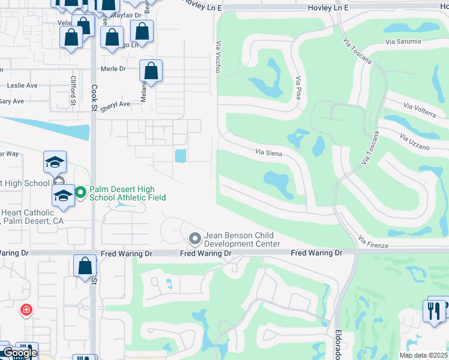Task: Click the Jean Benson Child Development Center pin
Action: click(194, 239)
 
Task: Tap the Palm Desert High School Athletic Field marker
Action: click(81, 193)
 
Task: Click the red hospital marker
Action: click(25, 310)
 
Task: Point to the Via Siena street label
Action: click(268, 152)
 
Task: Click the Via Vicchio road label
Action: click(218, 57)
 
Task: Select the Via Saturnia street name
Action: click(405, 42)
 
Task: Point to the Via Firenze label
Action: click(373, 242)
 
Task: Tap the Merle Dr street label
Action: click(113, 68)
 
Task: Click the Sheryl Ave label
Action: click(115, 104)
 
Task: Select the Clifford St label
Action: click(73, 90)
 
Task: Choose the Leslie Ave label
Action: click(23, 85)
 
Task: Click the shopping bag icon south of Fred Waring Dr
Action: click(85, 265)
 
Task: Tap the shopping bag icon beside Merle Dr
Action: click(151, 71)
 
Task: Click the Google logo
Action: click(19, 353)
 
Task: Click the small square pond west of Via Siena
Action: click(181, 156)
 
